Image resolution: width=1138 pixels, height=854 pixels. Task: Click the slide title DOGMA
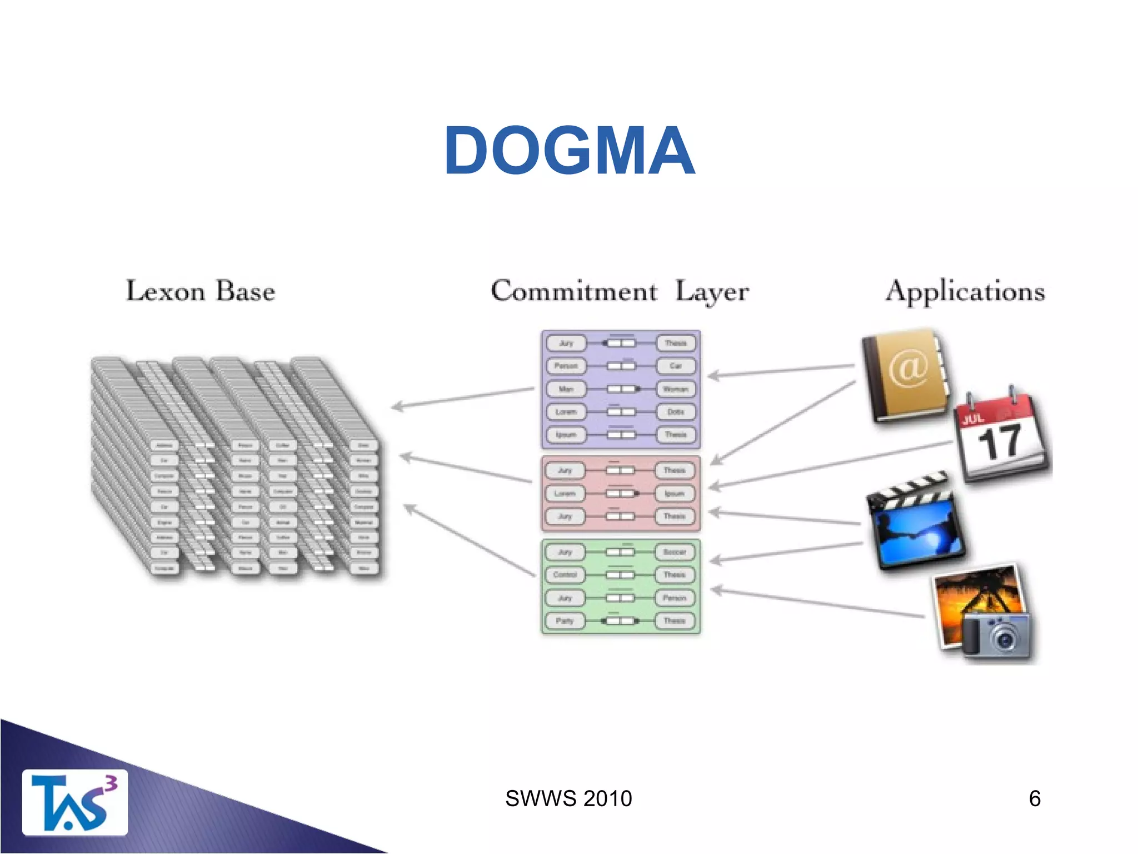569,151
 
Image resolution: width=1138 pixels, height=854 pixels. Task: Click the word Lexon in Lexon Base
165,291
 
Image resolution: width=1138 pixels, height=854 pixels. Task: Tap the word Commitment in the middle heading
573,291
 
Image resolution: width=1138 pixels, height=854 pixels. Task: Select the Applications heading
965,291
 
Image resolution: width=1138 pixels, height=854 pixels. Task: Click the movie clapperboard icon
915,523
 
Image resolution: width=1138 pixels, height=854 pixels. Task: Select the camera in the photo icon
997,635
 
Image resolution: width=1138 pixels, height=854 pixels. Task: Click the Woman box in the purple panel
675,389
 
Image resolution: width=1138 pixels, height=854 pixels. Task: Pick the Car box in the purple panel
675,366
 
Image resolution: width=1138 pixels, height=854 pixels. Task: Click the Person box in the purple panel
566,366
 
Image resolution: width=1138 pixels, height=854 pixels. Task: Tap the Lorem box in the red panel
565,493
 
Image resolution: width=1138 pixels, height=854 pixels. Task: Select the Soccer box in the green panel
675,552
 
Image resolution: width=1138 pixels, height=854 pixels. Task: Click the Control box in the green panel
565,574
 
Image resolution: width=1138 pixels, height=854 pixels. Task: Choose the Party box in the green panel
565,620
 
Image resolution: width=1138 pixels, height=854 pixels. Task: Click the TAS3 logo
74,802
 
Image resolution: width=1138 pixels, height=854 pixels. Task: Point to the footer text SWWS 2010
568,798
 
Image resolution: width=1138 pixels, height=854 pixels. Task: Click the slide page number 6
1034,798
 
